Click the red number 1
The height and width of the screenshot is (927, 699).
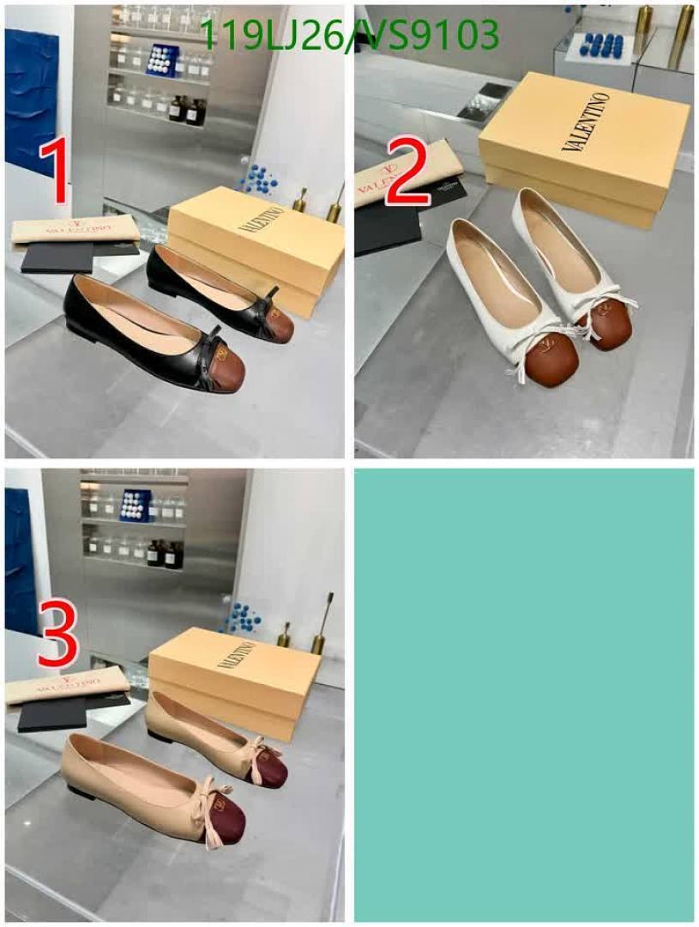[57, 173]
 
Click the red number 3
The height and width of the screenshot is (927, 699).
[57, 635]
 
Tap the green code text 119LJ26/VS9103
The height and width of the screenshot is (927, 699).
[348, 35]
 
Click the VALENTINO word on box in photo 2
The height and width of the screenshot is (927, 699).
[586, 121]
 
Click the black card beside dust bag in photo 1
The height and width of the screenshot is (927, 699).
[57, 257]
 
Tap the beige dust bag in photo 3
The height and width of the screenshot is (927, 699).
[66, 684]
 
